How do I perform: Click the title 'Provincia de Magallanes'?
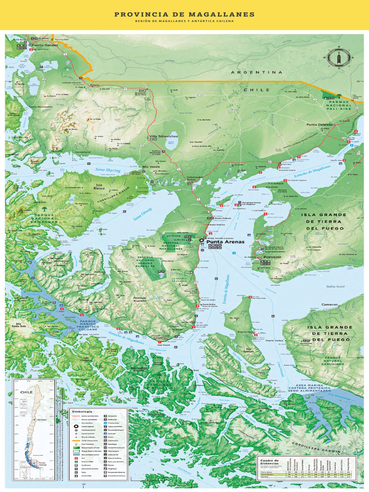point(184,14)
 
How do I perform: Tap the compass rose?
point(340,58)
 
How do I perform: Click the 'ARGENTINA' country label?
point(257,73)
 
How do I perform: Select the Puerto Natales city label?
point(44,45)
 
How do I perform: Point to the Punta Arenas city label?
point(225,242)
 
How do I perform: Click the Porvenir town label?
point(270,258)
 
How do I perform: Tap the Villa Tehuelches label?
point(163,136)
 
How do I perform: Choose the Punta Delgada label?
point(320,124)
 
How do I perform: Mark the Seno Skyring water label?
point(108,170)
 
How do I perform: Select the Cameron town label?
point(330,305)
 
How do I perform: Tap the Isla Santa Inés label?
point(19,325)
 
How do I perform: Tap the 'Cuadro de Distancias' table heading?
point(270,462)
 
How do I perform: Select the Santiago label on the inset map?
point(41,419)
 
